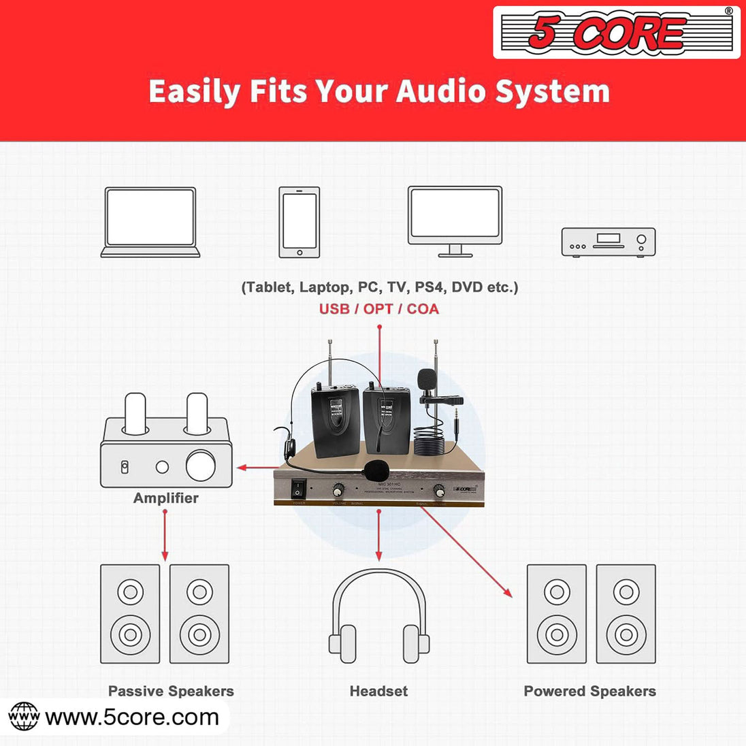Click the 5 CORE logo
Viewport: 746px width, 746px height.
[616, 32]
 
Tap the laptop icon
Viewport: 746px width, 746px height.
[150, 222]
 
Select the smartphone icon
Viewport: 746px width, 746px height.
[299, 223]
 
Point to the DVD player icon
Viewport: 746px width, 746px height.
[608, 242]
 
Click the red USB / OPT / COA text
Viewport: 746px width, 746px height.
[379, 309]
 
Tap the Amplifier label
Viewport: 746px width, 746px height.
[165, 498]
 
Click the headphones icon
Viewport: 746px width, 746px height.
[379, 616]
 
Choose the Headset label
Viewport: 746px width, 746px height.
[378, 692]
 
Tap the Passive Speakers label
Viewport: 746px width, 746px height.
[171, 692]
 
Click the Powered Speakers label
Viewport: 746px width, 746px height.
[589, 692]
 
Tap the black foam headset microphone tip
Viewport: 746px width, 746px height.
[375, 469]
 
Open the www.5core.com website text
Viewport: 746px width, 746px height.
[132, 717]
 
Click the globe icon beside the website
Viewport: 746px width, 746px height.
[25, 717]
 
